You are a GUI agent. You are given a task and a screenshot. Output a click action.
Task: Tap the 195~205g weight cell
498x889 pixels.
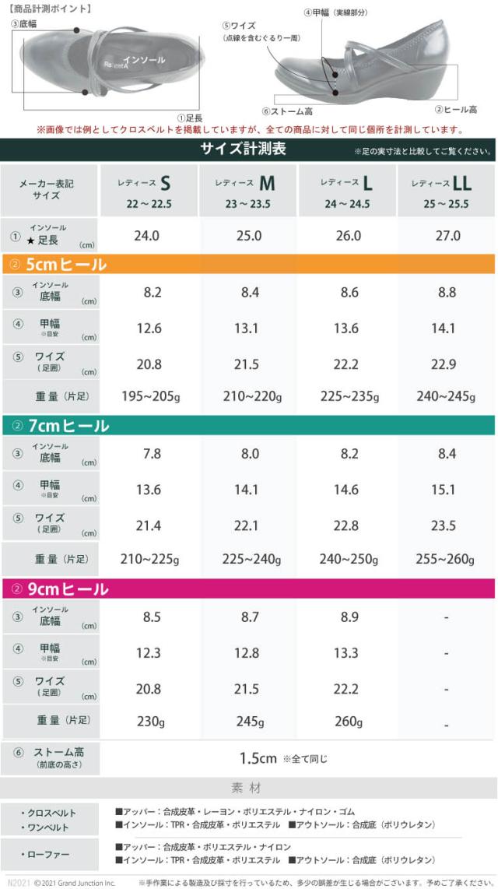[x=148, y=396]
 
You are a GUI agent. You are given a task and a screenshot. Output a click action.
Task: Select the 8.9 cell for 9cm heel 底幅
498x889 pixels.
[x=346, y=617]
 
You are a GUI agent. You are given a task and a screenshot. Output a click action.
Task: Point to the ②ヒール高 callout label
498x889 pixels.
[x=456, y=110]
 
